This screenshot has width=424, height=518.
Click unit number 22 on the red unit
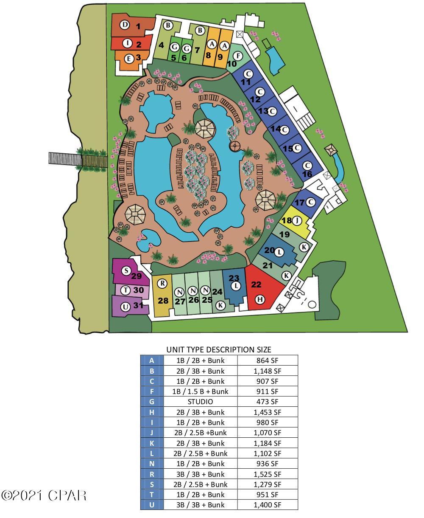coord(256,284)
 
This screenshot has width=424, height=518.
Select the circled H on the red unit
coord(260,299)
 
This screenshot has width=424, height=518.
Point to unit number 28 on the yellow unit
coord(163,301)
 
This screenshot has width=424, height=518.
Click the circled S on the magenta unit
coord(126,271)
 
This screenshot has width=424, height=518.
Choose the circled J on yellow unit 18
coord(298,220)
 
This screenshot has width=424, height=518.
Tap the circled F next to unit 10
coord(238,56)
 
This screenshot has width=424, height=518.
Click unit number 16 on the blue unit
coord(307,174)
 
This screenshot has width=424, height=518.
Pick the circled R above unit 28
coord(162,283)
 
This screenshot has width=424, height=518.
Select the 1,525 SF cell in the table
coord(267,474)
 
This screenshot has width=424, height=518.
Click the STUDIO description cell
coord(200,402)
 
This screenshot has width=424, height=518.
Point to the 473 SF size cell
coord(267,402)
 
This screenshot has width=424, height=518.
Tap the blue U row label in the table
coord(152,505)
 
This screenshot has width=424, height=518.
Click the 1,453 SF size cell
coord(267,412)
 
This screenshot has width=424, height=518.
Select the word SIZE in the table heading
coord(262,350)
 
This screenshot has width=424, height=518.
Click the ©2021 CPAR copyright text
coord(44,495)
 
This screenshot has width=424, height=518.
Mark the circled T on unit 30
coord(126,290)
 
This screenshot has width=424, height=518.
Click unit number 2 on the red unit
coord(139,44)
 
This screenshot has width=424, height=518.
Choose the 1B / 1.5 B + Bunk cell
coord(200,391)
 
